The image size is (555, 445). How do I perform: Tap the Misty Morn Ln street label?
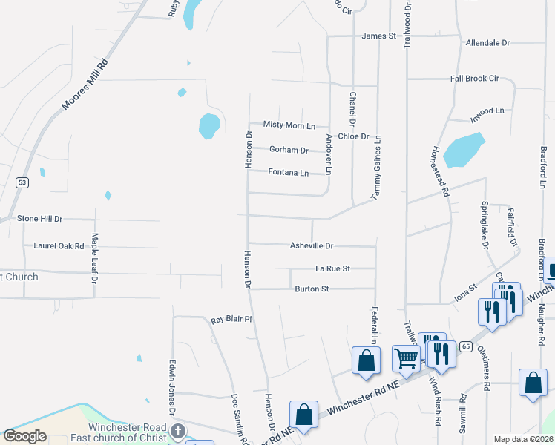(x=289, y=125)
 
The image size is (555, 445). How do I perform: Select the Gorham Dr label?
(x=289, y=150)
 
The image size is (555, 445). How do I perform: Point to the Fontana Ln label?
(x=288, y=173)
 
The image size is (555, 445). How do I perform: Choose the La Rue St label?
(x=332, y=268)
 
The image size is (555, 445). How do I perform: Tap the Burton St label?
(x=312, y=289)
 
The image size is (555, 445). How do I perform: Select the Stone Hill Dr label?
(x=40, y=219)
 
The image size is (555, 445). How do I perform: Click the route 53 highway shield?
(x=23, y=182)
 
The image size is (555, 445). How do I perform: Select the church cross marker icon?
(x=178, y=431)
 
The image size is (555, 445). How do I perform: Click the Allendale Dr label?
(x=487, y=43)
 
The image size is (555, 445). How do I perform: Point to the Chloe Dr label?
(x=353, y=136)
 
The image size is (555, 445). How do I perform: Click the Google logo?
(x=25, y=436)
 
